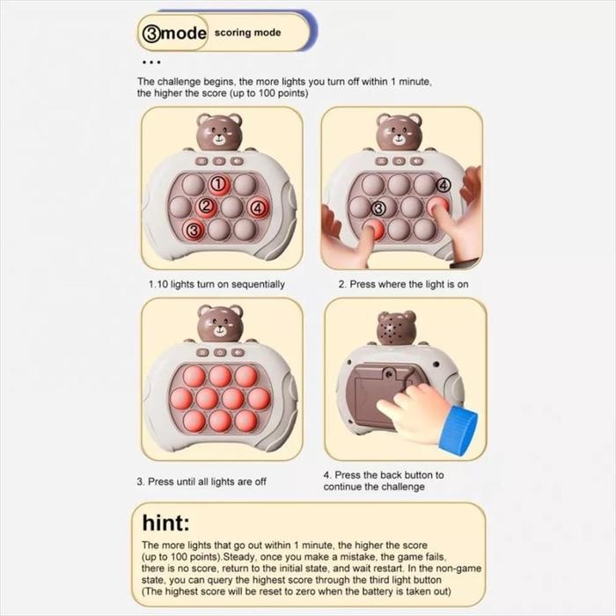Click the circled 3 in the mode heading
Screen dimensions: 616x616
coord(151,33)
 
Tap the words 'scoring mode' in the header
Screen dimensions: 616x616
coord(247,33)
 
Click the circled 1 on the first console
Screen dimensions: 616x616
coord(219,183)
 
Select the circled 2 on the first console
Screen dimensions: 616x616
coord(206,205)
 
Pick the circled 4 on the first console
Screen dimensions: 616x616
coord(258,208)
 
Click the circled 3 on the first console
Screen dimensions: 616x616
coord(194,231)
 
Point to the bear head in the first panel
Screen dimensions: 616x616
coord(219,132)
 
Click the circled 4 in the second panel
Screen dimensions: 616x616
coord(444,185)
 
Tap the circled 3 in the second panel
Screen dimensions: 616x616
coord(378,209)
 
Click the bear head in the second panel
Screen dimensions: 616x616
coord(400,132)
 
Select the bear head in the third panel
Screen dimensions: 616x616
coord(220,324)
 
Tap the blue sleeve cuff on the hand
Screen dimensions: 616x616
coord(458,429)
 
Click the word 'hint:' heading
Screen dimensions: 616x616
coord(165,523)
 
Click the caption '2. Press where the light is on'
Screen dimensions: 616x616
coord(403,284)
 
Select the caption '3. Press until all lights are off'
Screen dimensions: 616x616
coord(202,481)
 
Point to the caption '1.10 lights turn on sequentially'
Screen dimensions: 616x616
coord(216,284)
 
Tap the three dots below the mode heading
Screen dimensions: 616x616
coord(151,62)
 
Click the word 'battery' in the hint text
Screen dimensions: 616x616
coord(367,591)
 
